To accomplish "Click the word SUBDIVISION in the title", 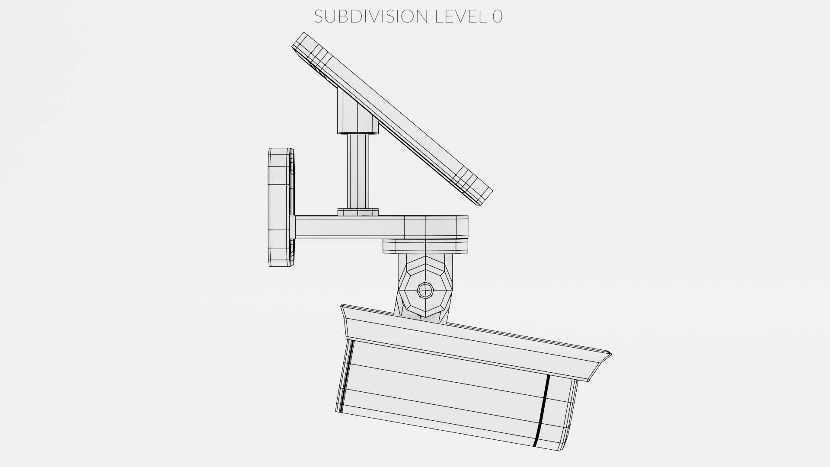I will [370, 16].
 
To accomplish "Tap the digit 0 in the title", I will [497, 16].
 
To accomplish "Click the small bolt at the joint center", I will [425, 290].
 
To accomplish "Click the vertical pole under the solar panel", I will [358, 171].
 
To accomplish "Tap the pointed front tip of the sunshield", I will [610, 354].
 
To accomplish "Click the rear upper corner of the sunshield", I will [342, 307].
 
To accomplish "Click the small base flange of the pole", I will [358, 212].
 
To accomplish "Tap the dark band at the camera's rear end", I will [345, 376].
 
